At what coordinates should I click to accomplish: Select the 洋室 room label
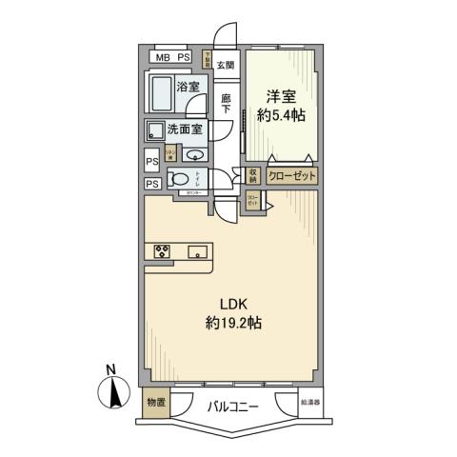click(x=279, y=96)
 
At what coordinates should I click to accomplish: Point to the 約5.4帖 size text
click(x=279, y=115)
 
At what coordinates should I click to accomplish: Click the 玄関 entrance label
click(x=225, y=65)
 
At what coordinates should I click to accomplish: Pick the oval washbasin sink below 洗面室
click(x=194, y=156)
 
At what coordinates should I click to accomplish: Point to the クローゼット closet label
click(x=289, y=176)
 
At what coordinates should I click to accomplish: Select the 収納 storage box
click(x=253, y=176)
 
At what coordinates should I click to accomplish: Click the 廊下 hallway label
click(x=226, y=104)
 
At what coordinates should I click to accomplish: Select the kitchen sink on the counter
click(x=198, y=251)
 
